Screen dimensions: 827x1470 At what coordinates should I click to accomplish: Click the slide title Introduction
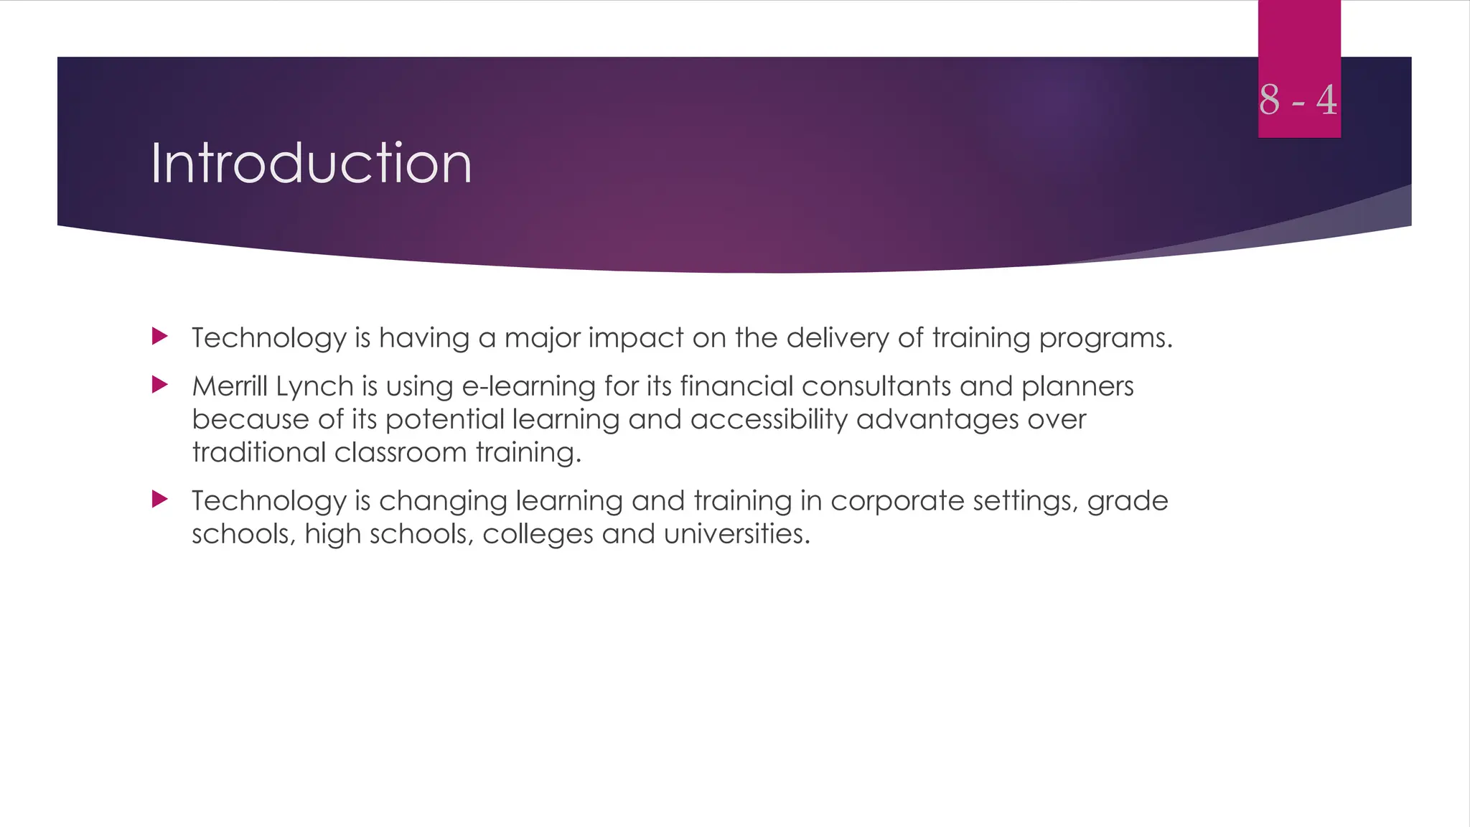311,164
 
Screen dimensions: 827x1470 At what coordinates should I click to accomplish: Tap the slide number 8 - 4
1298,100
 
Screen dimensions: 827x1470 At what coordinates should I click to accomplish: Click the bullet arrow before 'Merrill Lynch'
160,386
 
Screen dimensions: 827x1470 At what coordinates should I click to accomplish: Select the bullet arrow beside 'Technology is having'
160,336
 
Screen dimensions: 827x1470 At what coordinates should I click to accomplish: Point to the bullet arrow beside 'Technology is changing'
160,499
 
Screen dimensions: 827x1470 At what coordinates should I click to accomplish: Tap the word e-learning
528,387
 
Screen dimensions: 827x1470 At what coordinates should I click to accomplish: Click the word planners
1077,387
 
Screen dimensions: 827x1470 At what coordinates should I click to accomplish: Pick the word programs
1105,338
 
